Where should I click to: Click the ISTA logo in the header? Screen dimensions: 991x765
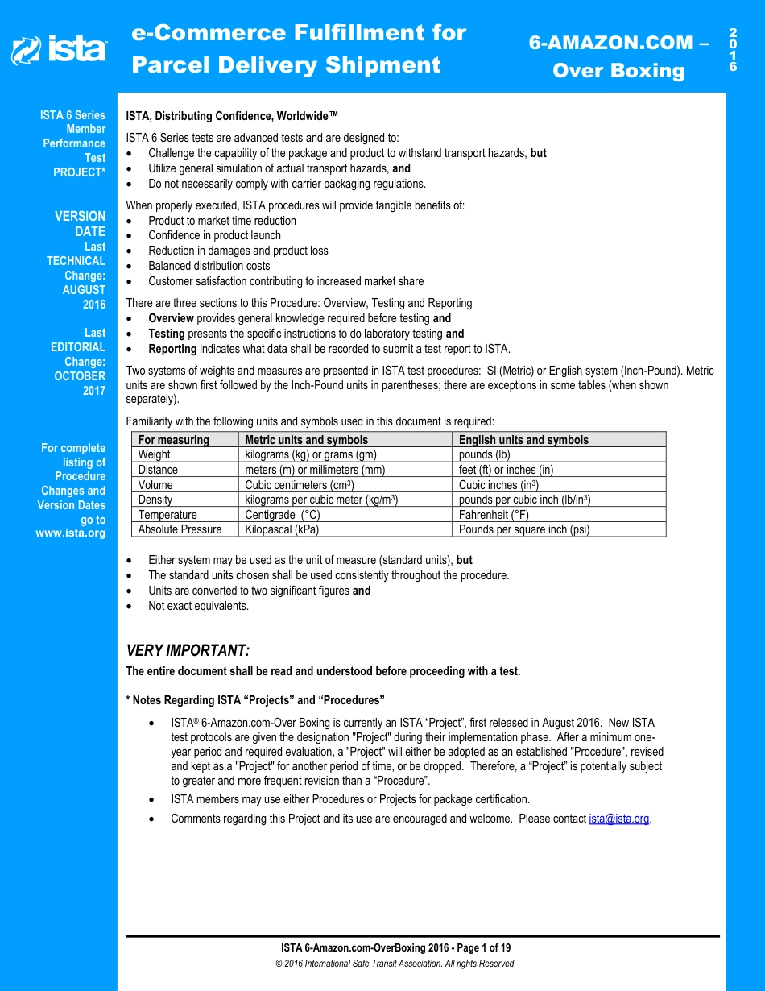(x=58, y=50)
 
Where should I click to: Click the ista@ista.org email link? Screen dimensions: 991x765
(x=618, y=819)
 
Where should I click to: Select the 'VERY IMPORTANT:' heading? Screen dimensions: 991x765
(x=188, y=650)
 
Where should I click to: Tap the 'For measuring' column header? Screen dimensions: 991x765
(x=173, y=440)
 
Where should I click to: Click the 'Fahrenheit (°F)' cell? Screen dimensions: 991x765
(x=494, y=515)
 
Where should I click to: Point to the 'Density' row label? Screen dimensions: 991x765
(x=155, y=500)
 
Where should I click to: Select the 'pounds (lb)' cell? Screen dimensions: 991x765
(x=484, y=454)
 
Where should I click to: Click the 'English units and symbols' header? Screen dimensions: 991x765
(x=523, y=440)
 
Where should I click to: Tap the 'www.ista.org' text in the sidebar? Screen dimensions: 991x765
(x=71, y=533)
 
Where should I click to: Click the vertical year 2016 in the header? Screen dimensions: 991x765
(x=733, y=50)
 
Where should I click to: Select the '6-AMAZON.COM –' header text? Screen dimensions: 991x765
(x=618, y=43)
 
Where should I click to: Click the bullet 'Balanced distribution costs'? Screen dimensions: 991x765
(x=209, y=266)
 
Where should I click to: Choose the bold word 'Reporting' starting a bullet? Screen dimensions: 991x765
(x=172, y=349)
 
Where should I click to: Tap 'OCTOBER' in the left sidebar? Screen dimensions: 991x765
(x=80, y=376)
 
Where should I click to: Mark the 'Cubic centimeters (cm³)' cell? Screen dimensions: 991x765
(x=299, y=485)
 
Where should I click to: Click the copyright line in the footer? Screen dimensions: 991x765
(x=395, y=964)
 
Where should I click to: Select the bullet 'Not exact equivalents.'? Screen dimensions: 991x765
(x=198, y=606)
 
